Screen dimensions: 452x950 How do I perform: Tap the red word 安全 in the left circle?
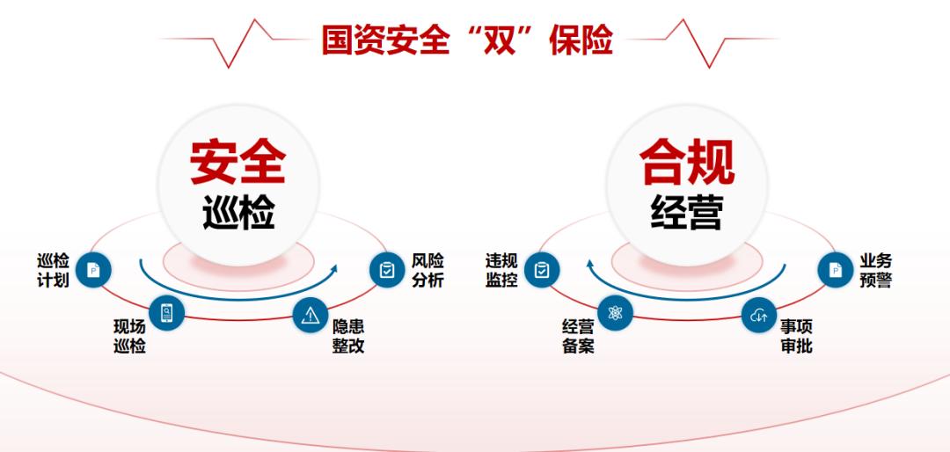(238, 160)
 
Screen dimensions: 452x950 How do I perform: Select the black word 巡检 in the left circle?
(238, 212)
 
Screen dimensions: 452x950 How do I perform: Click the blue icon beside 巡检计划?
(94, 270)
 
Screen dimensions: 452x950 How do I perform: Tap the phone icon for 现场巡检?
(166, 312)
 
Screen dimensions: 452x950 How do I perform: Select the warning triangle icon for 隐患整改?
(310, 316)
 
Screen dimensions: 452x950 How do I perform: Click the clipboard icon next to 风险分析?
(387, 270)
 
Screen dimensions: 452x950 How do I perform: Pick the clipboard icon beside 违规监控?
(542, 270)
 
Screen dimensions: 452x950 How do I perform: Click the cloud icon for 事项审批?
(759, 315)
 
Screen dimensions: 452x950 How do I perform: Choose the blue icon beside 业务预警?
(836, 270)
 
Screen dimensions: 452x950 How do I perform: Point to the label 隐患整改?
(348, 335)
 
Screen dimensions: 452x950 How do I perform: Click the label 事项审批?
(797, 335)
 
